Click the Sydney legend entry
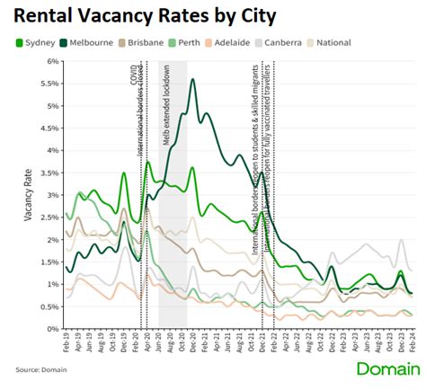click(38, 42)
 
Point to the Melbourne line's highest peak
click(193, 80)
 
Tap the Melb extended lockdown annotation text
click(166, 105)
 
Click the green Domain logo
click(386, 368)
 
